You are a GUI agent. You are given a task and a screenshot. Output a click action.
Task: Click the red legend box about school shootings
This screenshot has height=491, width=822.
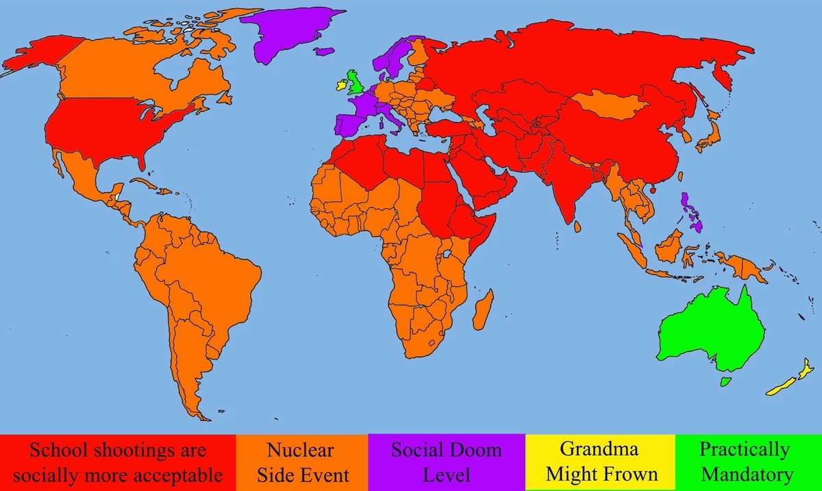click(x=118, y=462)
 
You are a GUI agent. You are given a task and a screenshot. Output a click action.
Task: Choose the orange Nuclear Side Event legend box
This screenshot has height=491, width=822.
click(x=301, y=462)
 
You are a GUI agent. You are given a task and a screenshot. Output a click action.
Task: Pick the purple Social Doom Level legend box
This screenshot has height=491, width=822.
click(x=446, y=462)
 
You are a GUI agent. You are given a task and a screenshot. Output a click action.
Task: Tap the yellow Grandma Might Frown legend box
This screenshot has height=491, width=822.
click(x=599, y=462)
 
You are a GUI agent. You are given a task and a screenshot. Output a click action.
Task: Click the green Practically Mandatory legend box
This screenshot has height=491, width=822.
click(x=748, y=462)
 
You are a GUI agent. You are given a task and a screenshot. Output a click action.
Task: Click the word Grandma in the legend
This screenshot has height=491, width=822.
click(x=599, y=450)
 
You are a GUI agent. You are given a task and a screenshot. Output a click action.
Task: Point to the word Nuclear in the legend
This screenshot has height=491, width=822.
click(x=301, y=450)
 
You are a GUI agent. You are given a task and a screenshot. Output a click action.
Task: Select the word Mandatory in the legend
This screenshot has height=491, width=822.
click(x=747, y=474)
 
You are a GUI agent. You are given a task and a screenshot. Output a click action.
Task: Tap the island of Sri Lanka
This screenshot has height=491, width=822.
click(x=580, y=225)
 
